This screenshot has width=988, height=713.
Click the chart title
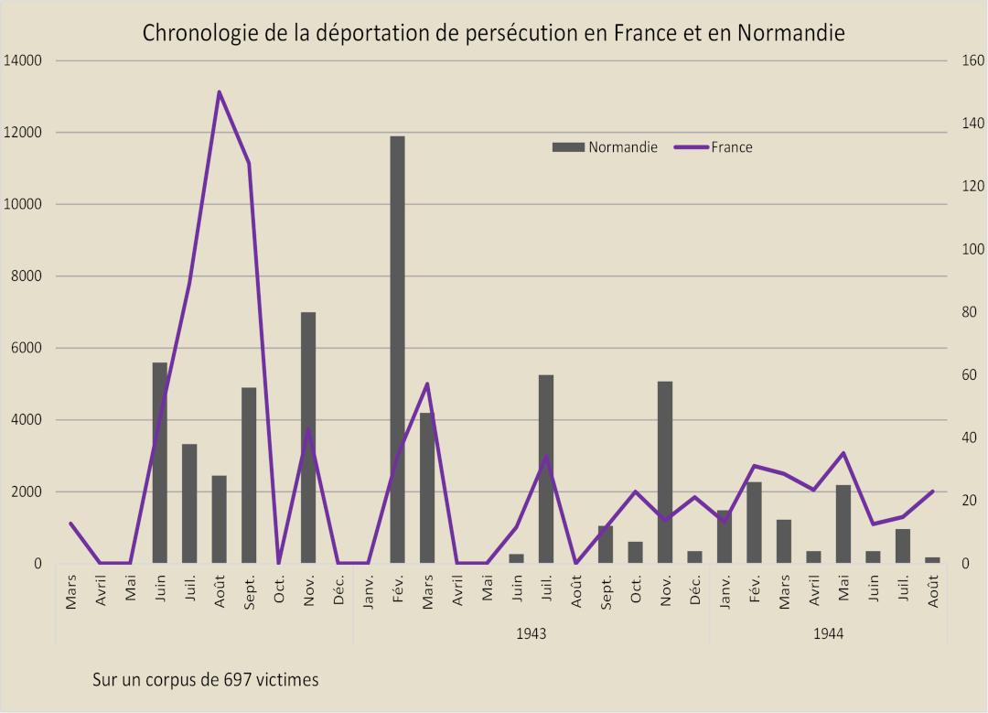(x=493, y=34)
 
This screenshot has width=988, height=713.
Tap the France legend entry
(x=731, y=147)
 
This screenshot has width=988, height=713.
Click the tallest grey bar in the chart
(x=397, y=348)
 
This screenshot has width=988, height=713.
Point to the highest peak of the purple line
(x=220, y=92)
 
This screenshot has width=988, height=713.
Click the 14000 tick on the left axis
(x=24, y=61)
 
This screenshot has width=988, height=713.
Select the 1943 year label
(x=531, y=633)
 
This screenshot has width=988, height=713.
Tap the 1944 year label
(x=828, y=633)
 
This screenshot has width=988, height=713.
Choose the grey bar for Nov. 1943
(x=665, y=471)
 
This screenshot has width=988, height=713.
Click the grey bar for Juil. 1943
(x=546, y=469)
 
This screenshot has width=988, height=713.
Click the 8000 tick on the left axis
(x=27, y=276)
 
